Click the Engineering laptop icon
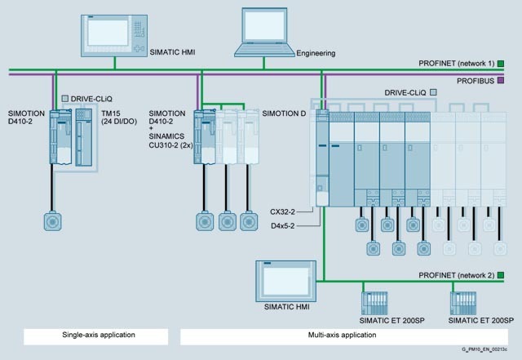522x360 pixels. tap(264, 33)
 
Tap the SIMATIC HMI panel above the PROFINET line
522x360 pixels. tap(114, 36)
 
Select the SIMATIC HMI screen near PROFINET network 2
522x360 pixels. tap(286, 281)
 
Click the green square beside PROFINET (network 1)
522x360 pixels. tap(501, 64)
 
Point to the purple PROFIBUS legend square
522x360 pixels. tap(501, 80)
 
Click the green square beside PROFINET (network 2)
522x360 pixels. tap(501, 275)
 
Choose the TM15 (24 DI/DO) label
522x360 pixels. tap(119, 118)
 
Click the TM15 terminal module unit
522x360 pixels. tap(83, 137)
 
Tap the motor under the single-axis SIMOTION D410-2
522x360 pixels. tap(52, 221)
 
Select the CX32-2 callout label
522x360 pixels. tap(282, 211)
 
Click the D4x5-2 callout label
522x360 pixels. tap(283, 226)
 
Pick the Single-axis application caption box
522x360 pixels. tap(96, 336)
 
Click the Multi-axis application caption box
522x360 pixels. tap(344, 336)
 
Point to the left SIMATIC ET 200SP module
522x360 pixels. tap(374, 303)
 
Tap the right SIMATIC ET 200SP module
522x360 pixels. tap(463, 303)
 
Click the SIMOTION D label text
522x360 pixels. tap(284, 113)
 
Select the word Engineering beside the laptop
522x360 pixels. tap(316, 53)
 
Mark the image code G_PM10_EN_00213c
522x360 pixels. tap(484, 349)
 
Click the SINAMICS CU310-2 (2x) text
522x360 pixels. tap(170, 140)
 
